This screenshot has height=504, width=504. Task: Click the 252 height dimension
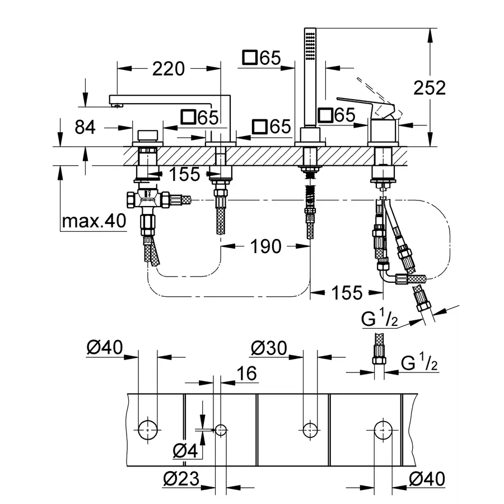coord(430,87)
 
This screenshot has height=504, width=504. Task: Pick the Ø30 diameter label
coord(269,349)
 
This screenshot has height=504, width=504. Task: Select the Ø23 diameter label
coord(181,479)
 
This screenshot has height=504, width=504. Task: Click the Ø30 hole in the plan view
coord(310,430)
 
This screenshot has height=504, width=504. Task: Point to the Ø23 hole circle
coord(221,430)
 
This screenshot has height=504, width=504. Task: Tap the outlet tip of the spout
coord(116,104)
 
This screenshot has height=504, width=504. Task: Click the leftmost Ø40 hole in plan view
coord(148,430)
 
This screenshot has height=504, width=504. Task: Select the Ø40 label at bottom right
coord(427,479)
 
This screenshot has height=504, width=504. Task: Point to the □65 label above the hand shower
coord(262,58)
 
